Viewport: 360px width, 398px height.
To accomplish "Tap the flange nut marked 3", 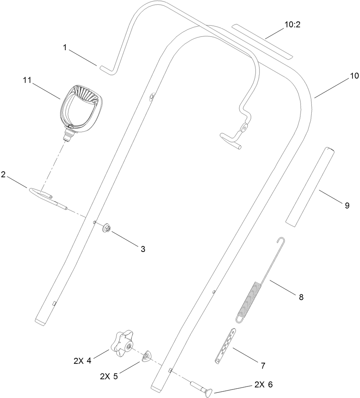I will click(106, 227).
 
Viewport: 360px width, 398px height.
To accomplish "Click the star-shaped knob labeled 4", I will click(123, 343).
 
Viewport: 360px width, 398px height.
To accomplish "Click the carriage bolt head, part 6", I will click(209, 391).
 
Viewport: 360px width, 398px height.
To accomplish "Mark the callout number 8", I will click(301, 297).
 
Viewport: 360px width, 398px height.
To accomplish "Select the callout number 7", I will click(263, 366).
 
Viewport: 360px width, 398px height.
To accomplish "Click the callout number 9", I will click(347, 206).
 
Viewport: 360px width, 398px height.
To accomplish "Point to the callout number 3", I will click(143, 249).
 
